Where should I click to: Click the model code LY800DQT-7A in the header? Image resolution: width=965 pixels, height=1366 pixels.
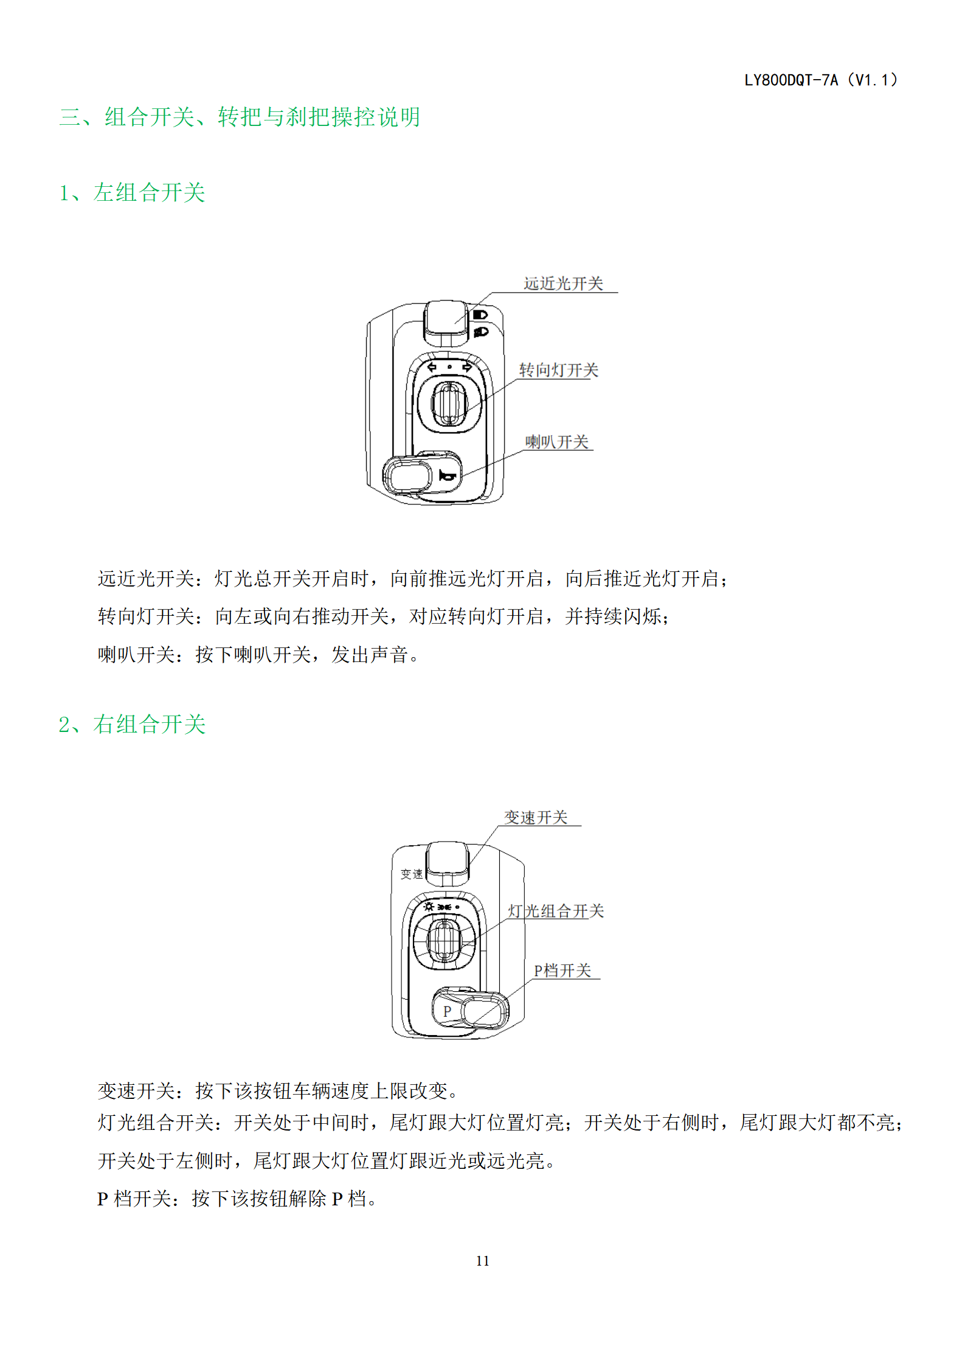coord(791,80)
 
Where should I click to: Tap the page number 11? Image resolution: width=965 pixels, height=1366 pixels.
coord(483,1261)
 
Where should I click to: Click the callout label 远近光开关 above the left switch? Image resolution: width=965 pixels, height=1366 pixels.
coord(563,284)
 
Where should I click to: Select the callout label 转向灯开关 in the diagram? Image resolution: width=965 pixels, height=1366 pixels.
coord(558,370)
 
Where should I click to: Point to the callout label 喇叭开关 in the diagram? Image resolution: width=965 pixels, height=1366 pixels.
coord(557,442)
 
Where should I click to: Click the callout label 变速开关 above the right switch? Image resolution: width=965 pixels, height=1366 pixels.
coord(536,817)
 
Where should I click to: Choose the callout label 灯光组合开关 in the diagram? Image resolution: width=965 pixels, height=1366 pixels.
coord(556,911)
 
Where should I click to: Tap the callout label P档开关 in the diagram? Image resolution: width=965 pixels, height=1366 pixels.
coord(562,970)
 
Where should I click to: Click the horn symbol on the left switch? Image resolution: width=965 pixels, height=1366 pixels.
coord(447,475)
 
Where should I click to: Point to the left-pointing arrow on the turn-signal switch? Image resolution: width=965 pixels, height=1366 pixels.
coord(432,367)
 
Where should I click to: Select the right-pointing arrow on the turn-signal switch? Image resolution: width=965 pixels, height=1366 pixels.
coord(467,367)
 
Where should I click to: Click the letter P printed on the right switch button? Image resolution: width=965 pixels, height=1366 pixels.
coord(447,1011)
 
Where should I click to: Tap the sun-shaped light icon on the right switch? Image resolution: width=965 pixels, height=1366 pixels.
coord(429,907)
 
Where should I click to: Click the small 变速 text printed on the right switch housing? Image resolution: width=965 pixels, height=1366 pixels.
coord(412,874)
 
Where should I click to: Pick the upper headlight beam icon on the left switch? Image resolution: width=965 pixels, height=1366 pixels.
coord(480,315)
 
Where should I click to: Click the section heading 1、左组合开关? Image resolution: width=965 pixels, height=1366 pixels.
coord(132,192)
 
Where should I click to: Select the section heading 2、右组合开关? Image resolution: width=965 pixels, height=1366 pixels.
coord(132,724)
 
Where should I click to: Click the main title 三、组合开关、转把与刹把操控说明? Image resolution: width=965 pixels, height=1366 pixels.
coord(240,117)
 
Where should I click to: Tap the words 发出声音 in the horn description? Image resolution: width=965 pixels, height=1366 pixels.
coord(370,655)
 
